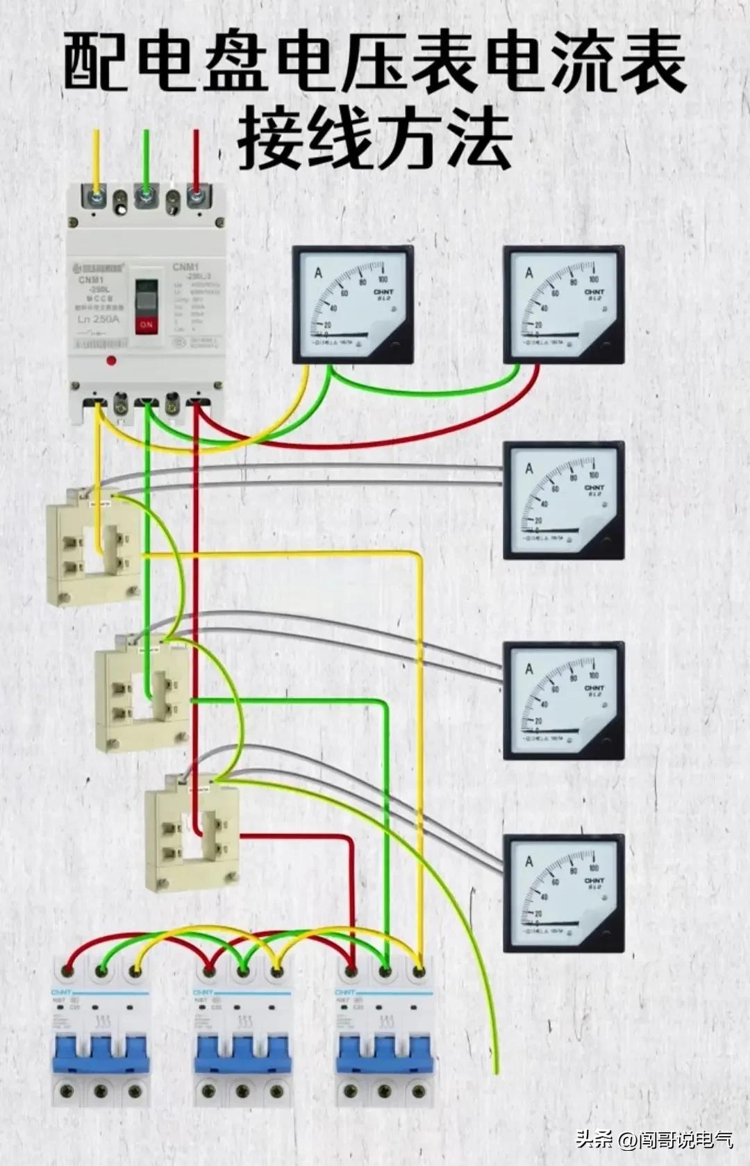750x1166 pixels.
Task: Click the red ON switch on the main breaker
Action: click(146, 324)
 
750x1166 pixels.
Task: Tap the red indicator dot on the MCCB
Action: click(110, 360)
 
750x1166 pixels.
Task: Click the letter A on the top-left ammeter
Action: click(319, 272)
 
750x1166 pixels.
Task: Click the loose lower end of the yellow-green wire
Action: click(497, 1069)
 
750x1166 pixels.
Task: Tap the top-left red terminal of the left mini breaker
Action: click(68, 969)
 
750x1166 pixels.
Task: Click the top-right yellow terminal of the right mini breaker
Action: click(419, 969)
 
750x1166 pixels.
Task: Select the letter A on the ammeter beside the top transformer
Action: click(529, 469)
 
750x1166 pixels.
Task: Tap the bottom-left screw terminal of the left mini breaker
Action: click(68, 1091)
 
